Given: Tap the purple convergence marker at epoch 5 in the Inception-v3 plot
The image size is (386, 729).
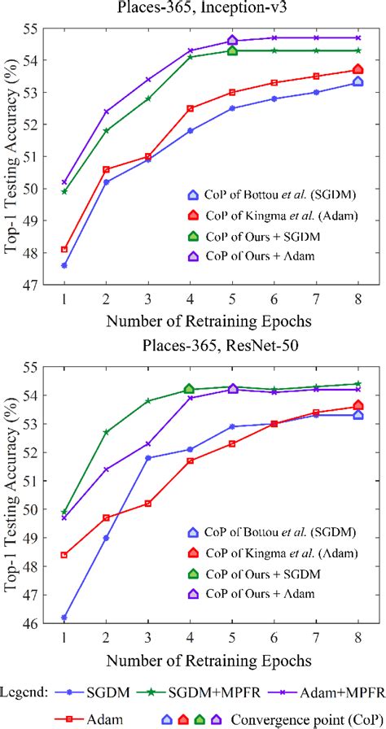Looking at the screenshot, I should [232, 40].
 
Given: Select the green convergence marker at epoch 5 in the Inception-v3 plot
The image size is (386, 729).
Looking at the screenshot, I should [232, 50].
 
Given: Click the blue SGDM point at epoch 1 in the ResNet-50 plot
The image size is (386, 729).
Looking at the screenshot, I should [64, 618].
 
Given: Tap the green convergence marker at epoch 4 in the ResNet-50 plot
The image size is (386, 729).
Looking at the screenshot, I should [190, 390].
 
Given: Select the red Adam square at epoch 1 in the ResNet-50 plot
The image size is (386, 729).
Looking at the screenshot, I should [64, 555].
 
